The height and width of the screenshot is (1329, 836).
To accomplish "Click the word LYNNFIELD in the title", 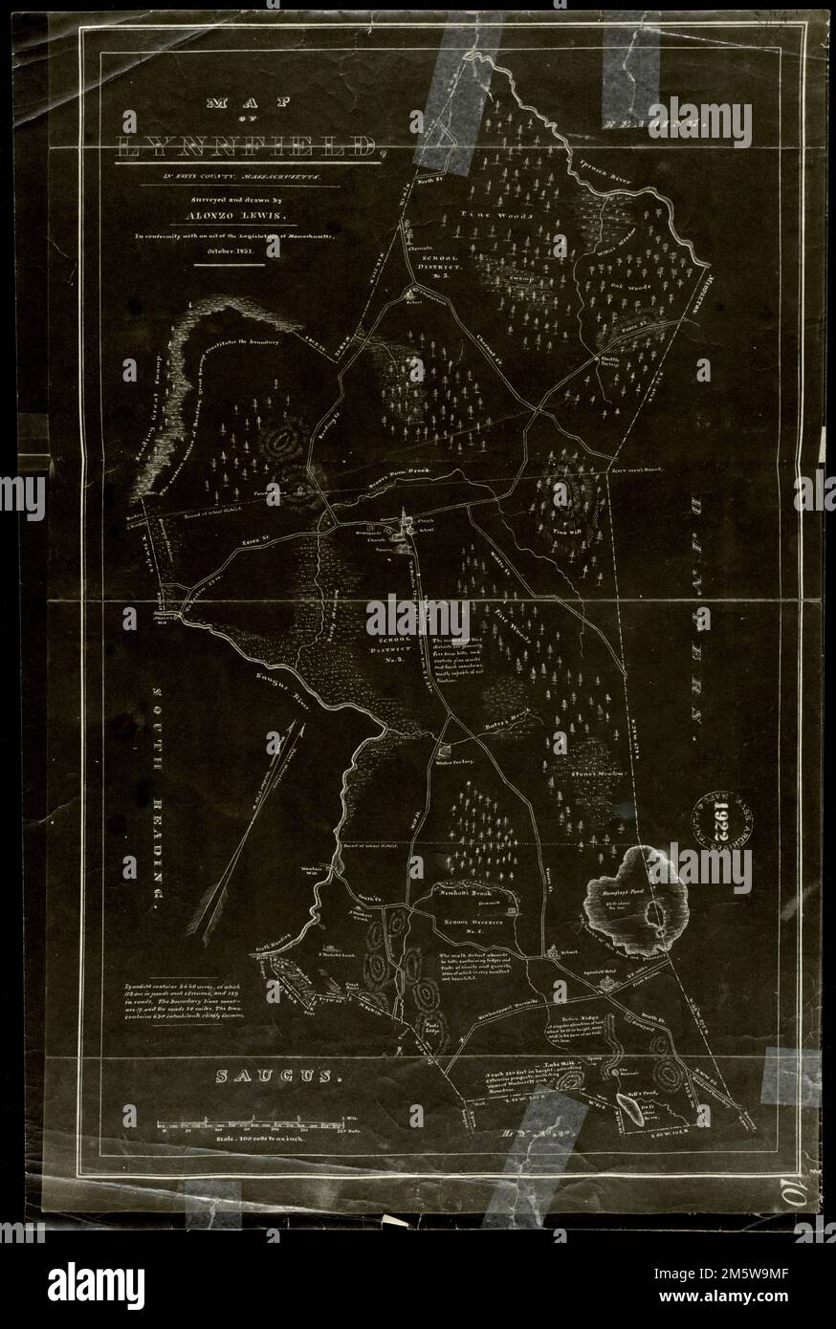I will pyautogui.click(x=248, y=147).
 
